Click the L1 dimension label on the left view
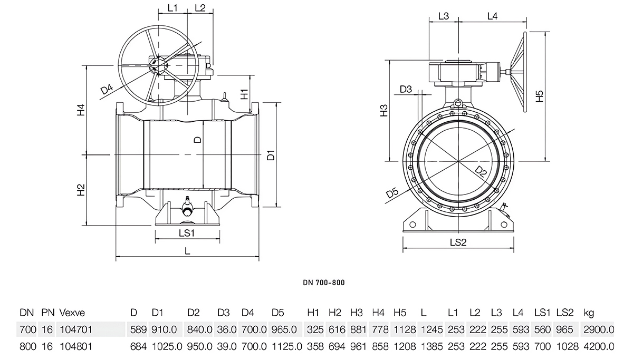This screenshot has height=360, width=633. tap(172, 8)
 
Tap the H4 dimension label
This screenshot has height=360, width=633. tap(81, 111)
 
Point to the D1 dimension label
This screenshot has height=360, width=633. tap(271, 155)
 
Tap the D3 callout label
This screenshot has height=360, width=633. tap(406, 90)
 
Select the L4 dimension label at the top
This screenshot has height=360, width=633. tap(492, 16)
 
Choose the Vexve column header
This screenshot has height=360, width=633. tap(72, 313)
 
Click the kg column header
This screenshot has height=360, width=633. tap(589, 313)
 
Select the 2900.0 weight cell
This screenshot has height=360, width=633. tap(599, 330)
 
